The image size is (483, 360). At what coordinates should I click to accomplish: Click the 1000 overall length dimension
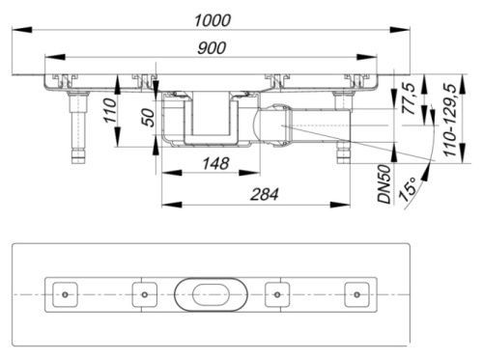(x=213, y=21)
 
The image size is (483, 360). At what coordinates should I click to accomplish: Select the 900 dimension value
(x=212, y=48)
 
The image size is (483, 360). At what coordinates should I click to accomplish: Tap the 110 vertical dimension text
(x=110, y=111)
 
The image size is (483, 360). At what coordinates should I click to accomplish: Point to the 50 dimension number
(x=149, y=118)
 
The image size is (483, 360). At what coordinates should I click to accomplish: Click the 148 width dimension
(x=215, y=163)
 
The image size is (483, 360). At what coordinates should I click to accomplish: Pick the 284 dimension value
(x=264, y=195)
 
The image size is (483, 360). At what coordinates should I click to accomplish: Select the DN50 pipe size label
(x=384, y=183)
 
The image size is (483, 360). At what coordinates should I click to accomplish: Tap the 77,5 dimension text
(x=411, y=98)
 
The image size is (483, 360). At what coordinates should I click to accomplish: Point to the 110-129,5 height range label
(x=450, y=120)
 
